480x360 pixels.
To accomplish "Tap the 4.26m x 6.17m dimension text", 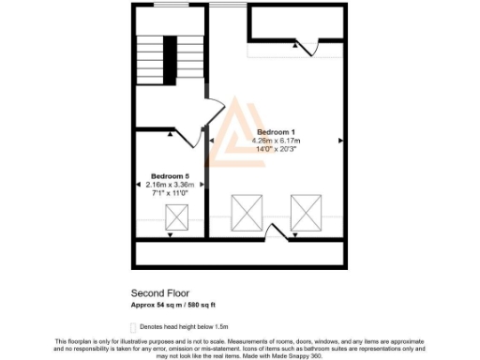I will coord(277,141).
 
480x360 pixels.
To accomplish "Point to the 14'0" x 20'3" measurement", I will coord(277,149).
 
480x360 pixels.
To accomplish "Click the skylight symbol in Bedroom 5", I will coord(176,217).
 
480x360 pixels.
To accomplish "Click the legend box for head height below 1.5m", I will coord(132,326).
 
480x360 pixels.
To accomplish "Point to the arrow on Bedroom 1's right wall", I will coord(340,142).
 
